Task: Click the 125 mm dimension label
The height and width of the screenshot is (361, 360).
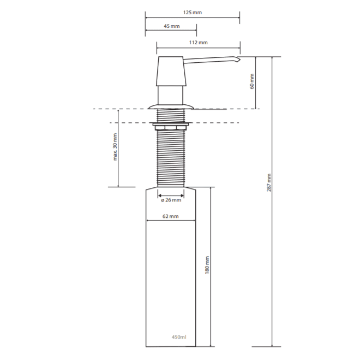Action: [193, 13]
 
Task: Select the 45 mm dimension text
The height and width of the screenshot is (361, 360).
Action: [172, 26]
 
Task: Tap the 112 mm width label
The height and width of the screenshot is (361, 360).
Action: [199, 43]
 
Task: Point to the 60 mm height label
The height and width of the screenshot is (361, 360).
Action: [252, 81]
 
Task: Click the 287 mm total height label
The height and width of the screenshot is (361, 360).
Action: [269, 182]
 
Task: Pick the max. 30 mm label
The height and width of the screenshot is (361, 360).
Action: [115, 147]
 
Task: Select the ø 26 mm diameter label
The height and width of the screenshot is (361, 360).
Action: [171, 200]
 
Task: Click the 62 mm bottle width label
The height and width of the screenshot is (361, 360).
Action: [170, 216]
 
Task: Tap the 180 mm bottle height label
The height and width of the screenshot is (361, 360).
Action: [207, 265]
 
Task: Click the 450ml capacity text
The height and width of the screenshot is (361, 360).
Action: [179, 337]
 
